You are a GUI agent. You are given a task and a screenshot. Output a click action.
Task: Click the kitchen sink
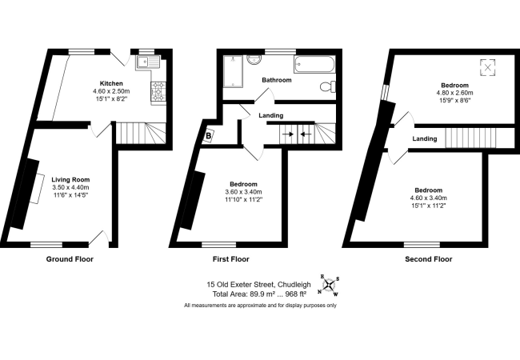[x=148, y=62]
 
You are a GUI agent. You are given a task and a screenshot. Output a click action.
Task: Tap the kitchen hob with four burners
[x=158, y=91]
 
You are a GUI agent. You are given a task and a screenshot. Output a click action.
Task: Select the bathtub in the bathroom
[x=314, y=64]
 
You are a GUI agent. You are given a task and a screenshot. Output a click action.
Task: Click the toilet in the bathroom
[x=328, y=86]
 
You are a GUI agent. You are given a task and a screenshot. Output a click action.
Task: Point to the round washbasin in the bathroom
[x=254, y=59]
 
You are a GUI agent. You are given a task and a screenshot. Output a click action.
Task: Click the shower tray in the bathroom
[x=233, y=71]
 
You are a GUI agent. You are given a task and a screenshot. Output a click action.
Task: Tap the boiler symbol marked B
[x=209, y=135]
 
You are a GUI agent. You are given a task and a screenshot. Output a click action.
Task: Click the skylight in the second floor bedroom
[x=487, y=68]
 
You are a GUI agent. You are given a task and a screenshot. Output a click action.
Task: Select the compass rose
[x=329, y=285]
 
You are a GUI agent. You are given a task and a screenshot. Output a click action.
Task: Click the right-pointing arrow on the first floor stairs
[x=289, y=134]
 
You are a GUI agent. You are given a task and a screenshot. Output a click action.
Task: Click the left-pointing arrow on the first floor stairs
[x=306, y=134]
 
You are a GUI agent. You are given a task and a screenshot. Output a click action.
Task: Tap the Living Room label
[x=70, y=180]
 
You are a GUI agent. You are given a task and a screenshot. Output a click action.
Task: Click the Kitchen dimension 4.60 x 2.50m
[x=111, y=91]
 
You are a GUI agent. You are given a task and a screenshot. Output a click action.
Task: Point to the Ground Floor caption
[x=70, y=259]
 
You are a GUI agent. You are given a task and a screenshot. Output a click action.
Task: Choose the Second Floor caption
[x=429, y=259]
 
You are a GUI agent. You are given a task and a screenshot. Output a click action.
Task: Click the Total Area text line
[x=259, y=294]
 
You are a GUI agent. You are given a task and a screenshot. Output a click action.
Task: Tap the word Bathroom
[x=277, y=80]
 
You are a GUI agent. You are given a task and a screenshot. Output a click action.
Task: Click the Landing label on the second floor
[x=425, y=139]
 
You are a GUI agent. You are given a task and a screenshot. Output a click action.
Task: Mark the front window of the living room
[x=46, y=245]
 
